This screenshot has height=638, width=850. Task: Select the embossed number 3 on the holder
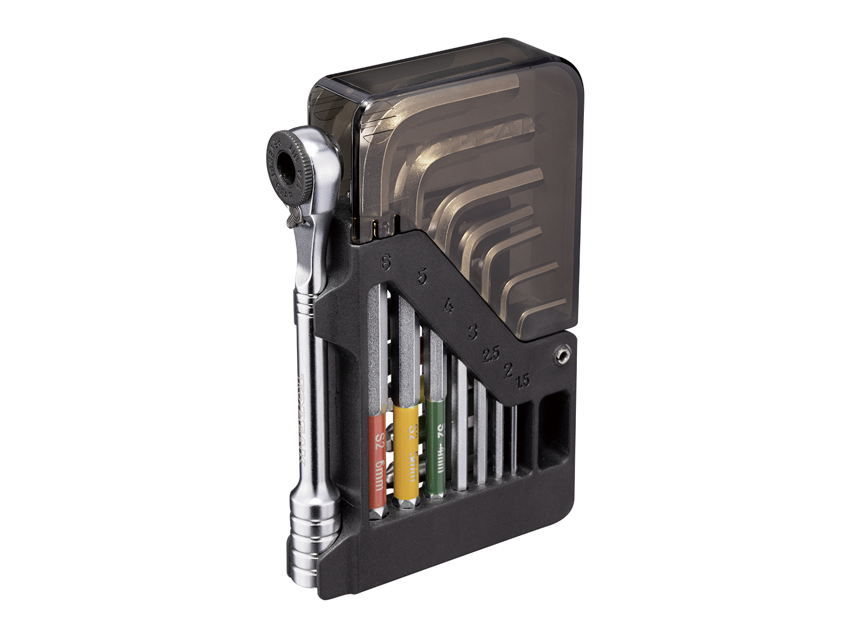[x=471, y=333]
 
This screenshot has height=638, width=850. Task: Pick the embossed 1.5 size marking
[x=523, y=380]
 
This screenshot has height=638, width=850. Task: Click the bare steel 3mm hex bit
[x=461, y=425]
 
